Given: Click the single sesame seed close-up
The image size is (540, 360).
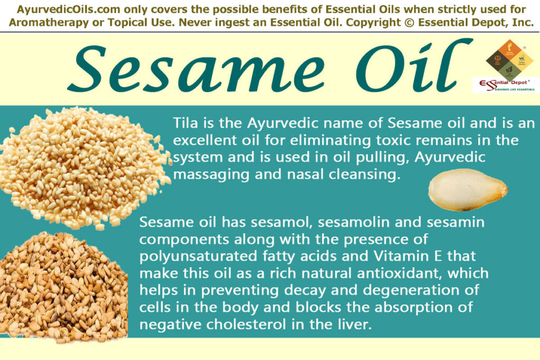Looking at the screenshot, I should (x=467, y=189).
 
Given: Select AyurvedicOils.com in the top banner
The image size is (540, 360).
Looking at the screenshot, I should (x=61, y=9).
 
